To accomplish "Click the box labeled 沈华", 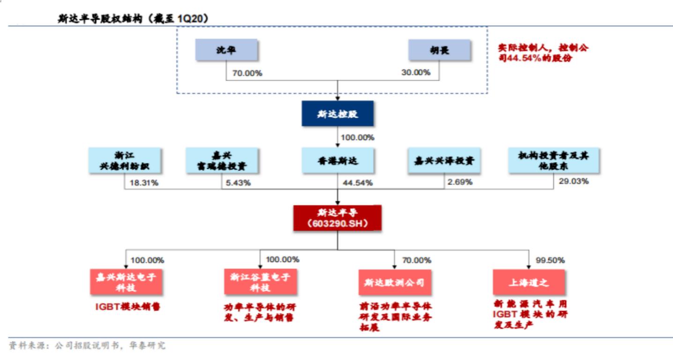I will pos(226,51).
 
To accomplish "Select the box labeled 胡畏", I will pos(439,51).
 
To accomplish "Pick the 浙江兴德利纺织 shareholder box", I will pos(125,161).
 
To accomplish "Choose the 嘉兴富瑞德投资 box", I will pos(222,161).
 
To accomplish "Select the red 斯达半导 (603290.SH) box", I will pos(337,218).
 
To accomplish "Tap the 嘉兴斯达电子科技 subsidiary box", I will pos(126,282).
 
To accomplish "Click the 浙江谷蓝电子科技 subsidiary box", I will pos(260,282).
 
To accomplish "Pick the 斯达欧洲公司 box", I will pos(394,282).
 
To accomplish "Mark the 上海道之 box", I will pos(528,282).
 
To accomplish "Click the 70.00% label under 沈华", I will pos(247,73).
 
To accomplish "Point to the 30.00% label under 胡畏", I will pos(415,73).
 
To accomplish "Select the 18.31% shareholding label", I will pos(143,182).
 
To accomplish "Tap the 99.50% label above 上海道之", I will pos(550,260).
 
